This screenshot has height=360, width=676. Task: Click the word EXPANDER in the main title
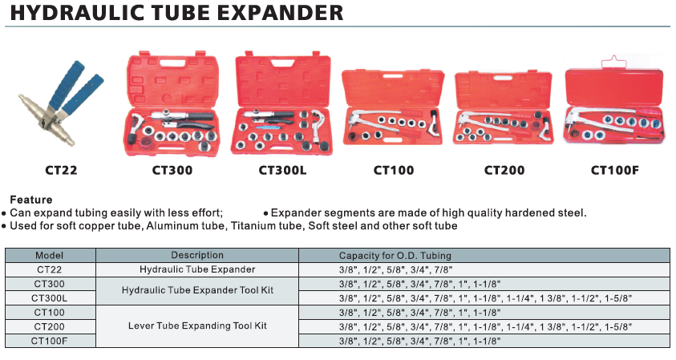(280, 12)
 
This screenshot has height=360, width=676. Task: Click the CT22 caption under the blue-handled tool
(61, 170)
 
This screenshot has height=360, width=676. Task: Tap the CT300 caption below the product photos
(172, 170)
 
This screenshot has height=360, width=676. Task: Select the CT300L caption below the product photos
(282, 170)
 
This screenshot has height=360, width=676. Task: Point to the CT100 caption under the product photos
(394, 170)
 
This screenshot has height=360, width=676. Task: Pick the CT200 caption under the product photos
(504, 170)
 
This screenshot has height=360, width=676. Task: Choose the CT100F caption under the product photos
(615, 170)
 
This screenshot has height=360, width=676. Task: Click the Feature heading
(31, 200)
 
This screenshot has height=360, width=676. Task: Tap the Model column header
(49, 255)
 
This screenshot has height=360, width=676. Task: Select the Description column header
(197, 255)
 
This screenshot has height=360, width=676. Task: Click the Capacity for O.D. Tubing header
(395, 256)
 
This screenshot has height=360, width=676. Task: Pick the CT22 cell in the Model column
(49, 269)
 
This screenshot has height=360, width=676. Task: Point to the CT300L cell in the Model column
(49, 298)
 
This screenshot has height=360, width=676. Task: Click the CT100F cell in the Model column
(49, 341)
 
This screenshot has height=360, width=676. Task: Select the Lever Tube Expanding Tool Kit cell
(197, 326)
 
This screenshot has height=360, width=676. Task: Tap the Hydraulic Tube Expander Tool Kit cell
(197, 290)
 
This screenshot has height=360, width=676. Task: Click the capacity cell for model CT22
(395, 270)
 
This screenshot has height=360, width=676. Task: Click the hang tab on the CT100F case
(614, 62)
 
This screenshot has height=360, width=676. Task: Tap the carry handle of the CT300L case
(282, 63)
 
